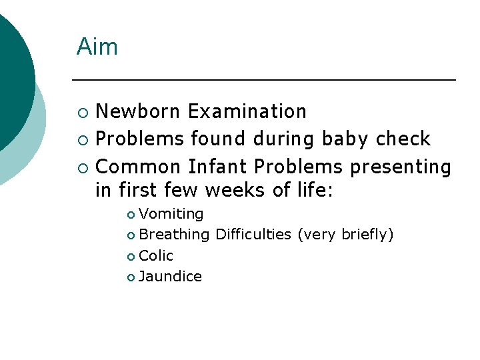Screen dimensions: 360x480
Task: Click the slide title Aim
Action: tap(97, 47)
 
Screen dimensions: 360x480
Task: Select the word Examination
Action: tap(247, 111)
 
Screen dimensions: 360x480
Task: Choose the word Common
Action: tap(138, 166)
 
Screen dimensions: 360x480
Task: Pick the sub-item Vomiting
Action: tap(171, 214)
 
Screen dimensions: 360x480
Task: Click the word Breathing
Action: tap(174, 235)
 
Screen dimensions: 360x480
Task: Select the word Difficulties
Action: tap(253, 235)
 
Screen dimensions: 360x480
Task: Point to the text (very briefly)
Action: tap(345, 235)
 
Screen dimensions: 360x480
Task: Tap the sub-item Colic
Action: tap(156, 255)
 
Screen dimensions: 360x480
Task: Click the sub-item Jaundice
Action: tap(170, 276)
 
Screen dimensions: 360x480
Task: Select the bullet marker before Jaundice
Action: tap(131, 277)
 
